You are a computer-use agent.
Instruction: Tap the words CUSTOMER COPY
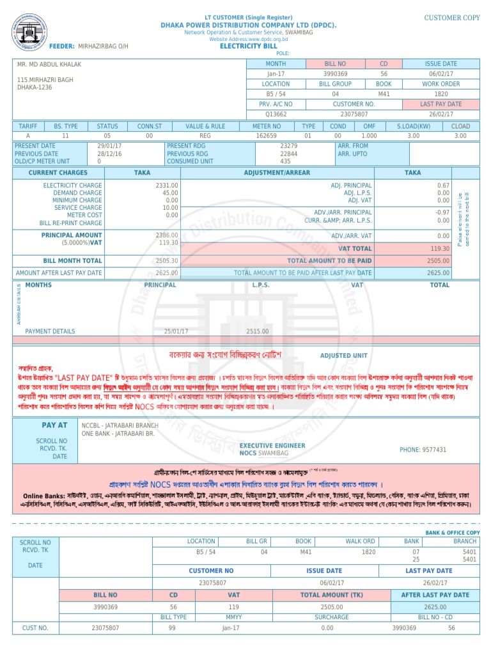(451, 18)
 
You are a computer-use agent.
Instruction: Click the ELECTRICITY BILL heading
(249, 47)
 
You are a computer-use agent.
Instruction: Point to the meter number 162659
(266, 136)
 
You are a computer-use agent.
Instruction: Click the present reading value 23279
(289, 146)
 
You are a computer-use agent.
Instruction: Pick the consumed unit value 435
(285, 161)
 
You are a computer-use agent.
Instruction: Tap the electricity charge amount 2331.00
(167, 185)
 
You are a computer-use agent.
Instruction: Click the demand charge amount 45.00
(170, 193)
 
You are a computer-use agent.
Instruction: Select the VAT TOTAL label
(355, 248)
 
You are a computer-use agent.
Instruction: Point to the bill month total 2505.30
(167, 261)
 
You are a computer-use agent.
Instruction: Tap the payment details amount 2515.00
(257, 331)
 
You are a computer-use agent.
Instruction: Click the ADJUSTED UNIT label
(343, 356)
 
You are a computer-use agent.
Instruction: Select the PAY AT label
(54, 425)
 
